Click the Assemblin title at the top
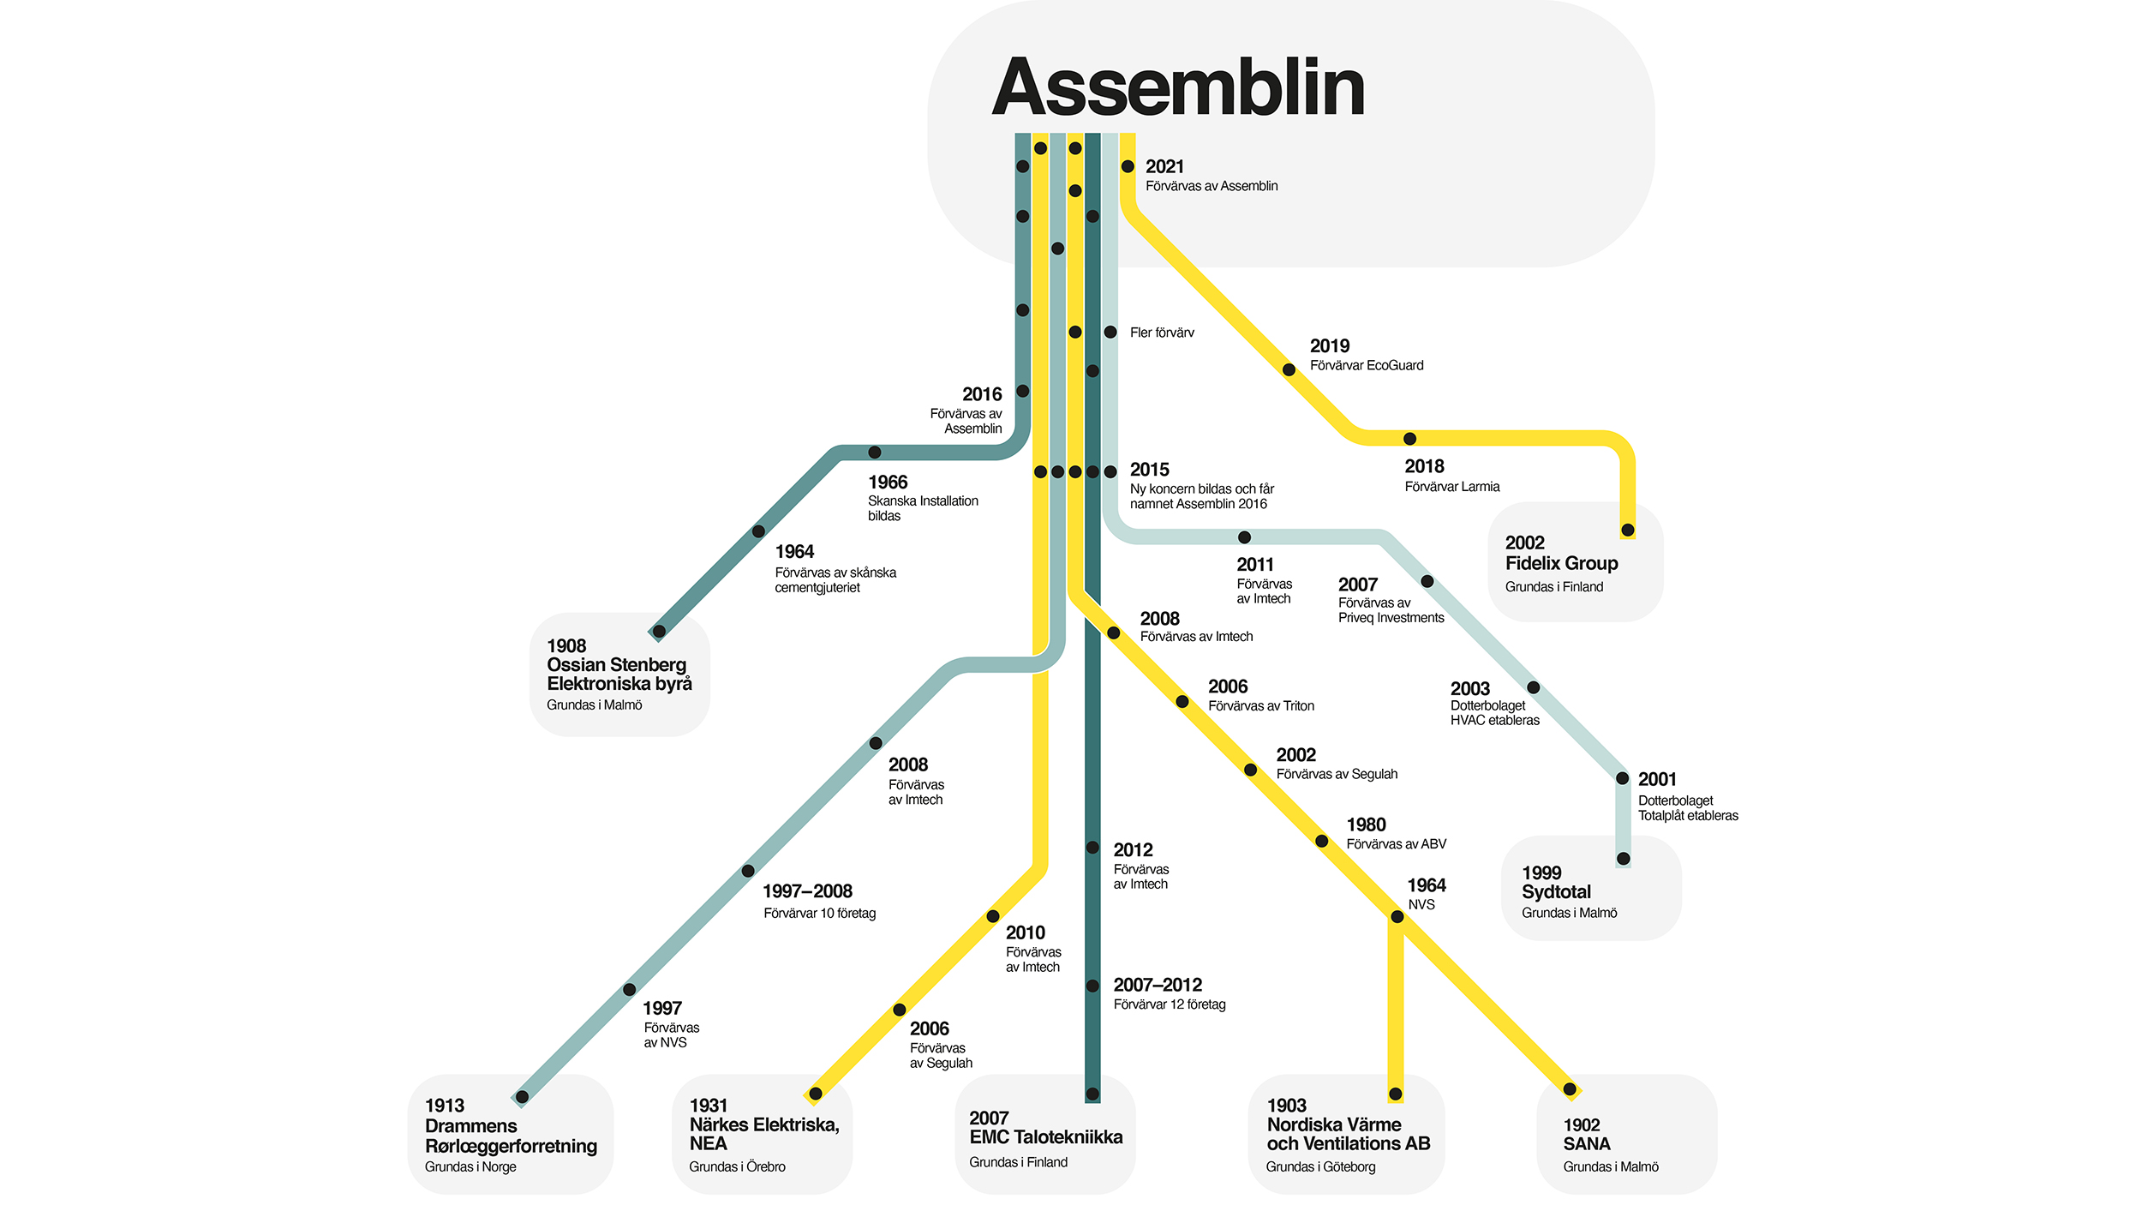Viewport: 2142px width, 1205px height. pos(1178,87)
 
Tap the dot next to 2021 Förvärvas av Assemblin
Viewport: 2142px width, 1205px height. pos(1128,166)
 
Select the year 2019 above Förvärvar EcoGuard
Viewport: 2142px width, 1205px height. pos(1329,346)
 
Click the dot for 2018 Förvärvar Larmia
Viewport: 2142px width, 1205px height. pos(1409,439)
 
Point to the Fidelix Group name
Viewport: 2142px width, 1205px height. pos(1561,563)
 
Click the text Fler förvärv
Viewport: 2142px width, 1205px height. pos(1161,333)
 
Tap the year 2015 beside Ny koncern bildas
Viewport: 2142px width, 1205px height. pos(1149,470)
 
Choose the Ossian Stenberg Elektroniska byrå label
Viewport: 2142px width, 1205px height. pos(619,674)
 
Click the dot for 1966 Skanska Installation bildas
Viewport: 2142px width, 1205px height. pos(875,453)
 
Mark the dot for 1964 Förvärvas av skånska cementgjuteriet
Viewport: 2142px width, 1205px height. pos(758,531)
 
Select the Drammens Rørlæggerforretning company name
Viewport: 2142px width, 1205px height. pos(511,1136)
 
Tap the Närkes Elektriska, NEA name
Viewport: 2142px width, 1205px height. pos(763,1134)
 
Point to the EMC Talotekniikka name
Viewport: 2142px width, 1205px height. pos(1045,1137)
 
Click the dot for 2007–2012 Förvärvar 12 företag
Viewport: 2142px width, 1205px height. pos(1092,986)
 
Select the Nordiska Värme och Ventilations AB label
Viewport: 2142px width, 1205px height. pos(1348,1134)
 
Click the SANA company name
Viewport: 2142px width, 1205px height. pos(1586,1144)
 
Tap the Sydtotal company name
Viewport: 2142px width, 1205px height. pos(1556,892)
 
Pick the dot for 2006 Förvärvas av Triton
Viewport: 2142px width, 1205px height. pos(1182,702)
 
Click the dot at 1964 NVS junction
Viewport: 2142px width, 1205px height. pos(1397,917)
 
